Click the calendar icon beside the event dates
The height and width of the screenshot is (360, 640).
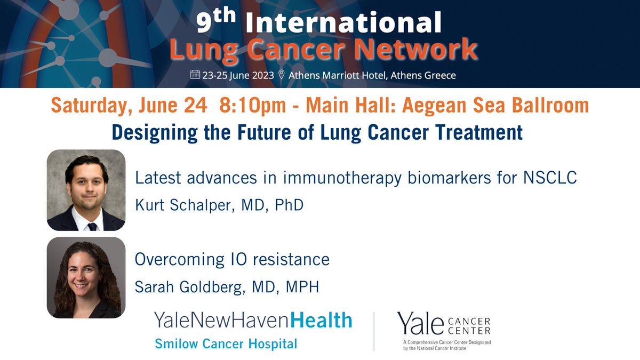195,75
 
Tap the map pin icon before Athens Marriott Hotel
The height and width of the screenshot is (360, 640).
282,75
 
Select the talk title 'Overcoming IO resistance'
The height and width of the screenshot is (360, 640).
232,260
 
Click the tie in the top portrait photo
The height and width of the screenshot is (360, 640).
92,226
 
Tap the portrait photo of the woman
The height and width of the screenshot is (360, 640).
86,277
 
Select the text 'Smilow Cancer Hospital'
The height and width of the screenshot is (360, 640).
226,344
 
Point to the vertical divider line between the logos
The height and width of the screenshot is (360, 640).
374,331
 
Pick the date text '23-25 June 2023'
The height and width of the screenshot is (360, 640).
238,75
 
